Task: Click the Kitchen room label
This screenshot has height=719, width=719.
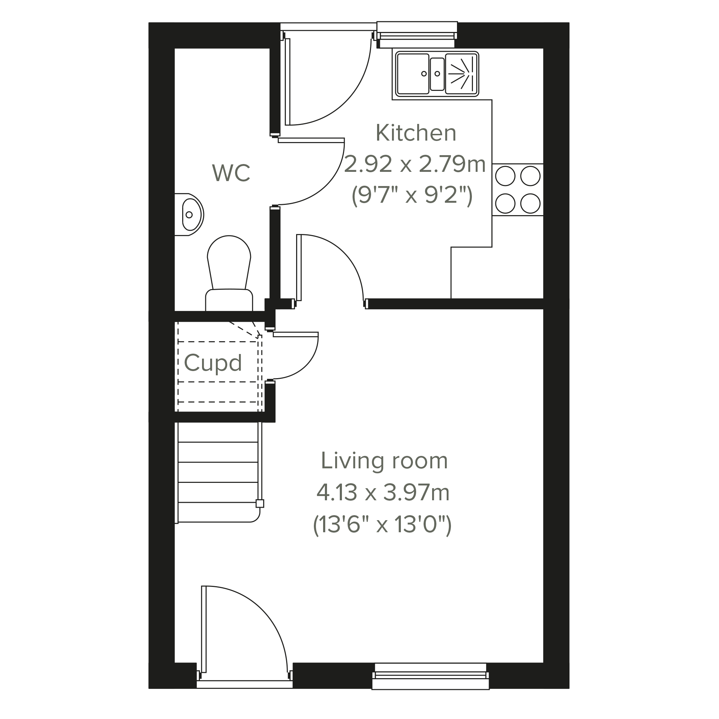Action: [x=416, y=132]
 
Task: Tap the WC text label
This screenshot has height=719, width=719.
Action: [x=231, y=173]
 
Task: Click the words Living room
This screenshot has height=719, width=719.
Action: [x=384, y=461]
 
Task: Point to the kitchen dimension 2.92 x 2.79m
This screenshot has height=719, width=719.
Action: [x=415, y=164]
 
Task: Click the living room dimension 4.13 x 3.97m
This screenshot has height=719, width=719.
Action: [x=383, y=493]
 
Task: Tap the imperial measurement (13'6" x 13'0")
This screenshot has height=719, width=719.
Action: [x=382, y=525]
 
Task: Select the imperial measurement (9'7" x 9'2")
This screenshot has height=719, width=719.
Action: [x=412, y=195]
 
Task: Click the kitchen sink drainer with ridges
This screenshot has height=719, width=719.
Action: [x=462, y=74]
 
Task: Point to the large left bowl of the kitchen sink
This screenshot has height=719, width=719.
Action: [x=413, y=74]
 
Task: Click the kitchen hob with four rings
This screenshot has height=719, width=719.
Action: [x=518, y=190]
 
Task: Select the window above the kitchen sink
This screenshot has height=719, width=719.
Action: [x=417, y=35]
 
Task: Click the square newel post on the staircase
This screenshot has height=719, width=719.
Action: [x=260, y=503]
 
